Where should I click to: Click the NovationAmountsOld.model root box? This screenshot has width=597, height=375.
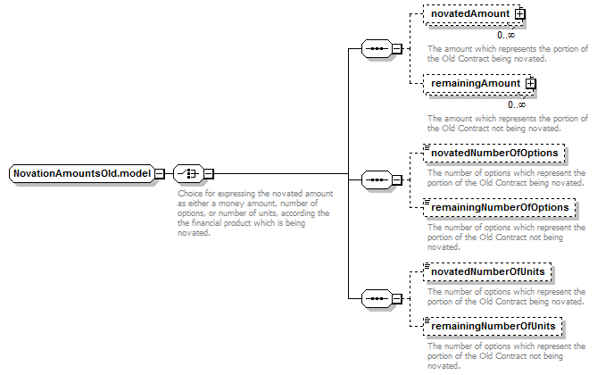coord(82,174)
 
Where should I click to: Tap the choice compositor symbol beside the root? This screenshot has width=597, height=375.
coord(188,174)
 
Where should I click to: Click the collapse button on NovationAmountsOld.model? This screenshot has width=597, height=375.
coord(160,174)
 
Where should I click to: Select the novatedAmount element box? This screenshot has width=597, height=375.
coord(473,14)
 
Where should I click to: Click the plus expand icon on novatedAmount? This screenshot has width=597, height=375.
coord(519,14)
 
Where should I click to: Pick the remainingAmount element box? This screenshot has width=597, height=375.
coord(478,84)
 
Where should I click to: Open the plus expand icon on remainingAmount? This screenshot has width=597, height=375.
coord(530,84)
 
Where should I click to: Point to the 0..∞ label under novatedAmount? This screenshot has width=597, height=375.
coord(506,35)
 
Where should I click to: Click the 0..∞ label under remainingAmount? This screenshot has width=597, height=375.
coord(517,104)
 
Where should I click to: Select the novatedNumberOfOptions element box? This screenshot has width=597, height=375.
coord(493,154)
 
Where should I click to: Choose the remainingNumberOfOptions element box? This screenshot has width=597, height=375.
coord(499,208)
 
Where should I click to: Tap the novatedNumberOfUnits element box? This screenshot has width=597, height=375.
coord(487,272)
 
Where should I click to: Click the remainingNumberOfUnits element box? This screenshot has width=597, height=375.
coord(493,327)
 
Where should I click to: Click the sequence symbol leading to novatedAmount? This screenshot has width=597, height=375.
coord(377,49)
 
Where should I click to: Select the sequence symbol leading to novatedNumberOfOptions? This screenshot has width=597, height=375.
coord(377,179)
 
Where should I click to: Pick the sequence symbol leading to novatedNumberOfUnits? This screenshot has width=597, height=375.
coord(377,298)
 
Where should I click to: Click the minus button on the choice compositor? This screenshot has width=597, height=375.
coord(209,174)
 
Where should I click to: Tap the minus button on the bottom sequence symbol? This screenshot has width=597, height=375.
coord(397,298)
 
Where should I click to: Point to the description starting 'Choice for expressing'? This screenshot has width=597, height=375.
coord(255,213)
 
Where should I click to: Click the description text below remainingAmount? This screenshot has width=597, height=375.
coord(508,123)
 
